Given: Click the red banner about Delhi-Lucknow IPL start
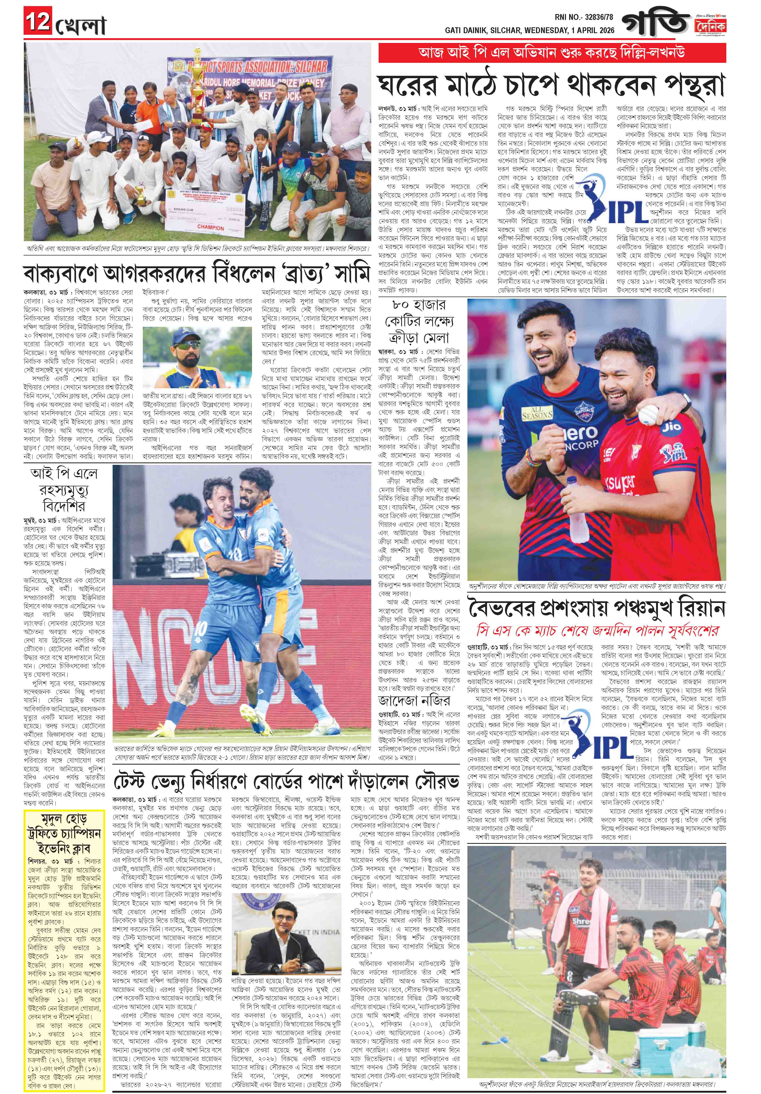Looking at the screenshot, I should [x=551, y=52].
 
